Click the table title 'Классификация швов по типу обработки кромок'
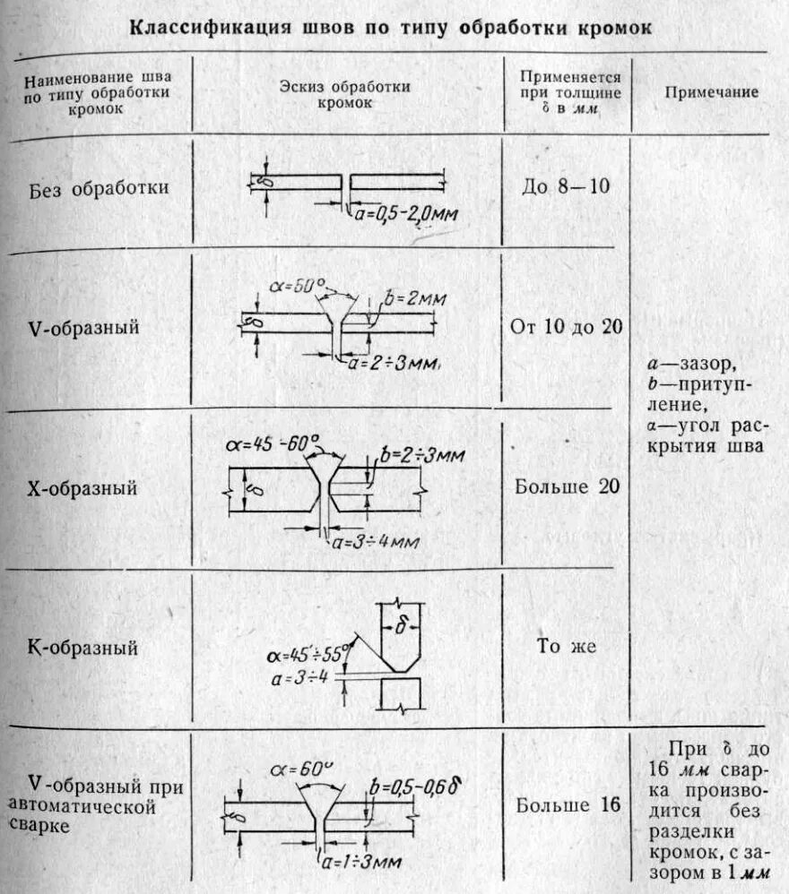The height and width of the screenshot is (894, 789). click(392, 28)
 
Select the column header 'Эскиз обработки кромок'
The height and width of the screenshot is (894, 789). click(344, 94)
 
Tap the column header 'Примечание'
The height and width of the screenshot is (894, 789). click(712, 92)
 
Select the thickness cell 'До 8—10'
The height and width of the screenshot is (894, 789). click(567, 188)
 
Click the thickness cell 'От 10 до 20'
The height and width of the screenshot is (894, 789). click(567, 326)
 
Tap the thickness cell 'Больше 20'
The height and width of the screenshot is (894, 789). click(567, 486)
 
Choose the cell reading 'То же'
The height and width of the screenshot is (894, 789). click(567, 646)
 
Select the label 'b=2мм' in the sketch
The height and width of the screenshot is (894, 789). click(415, 297)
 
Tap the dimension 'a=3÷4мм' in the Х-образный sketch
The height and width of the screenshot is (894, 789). click(376, 541)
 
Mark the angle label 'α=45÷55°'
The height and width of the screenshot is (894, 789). click(309, 651)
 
